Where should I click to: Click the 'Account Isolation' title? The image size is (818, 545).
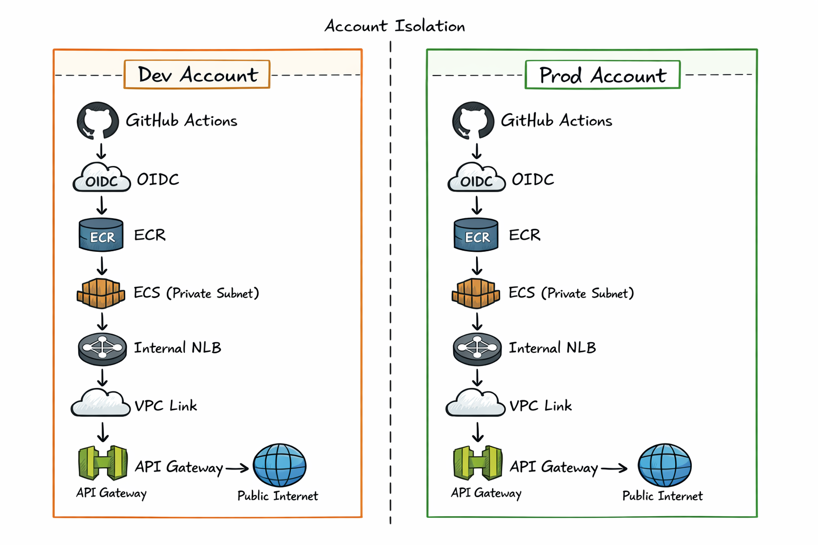(395, 26)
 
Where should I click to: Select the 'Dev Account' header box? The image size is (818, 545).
(197, 75)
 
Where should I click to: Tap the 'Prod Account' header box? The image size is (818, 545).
(602, 75)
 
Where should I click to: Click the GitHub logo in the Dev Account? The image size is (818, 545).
(97, 121)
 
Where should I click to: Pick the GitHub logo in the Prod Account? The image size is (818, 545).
(473, 121)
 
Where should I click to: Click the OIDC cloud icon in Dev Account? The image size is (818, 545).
(101, 178)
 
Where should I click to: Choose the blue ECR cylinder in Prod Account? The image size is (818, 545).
(476, 235)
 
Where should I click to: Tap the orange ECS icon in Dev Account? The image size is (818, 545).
(101, 293)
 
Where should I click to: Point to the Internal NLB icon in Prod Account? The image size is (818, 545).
(477, 349)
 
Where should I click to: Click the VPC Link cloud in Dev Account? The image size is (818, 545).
(101, 403)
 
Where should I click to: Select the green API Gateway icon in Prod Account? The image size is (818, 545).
(478, 463)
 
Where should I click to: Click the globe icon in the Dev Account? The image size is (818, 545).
(280, 465)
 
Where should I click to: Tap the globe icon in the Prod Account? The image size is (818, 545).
(664, 465)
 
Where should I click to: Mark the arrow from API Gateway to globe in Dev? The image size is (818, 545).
(237, 468)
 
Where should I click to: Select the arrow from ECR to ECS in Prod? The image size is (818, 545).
(477, 265)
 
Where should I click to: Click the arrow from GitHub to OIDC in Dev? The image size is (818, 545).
(101, 151)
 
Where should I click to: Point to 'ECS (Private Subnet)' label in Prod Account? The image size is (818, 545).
(571, 293)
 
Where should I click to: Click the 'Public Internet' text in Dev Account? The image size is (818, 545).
(277, 496)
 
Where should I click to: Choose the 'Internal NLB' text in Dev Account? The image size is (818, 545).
(177, 348)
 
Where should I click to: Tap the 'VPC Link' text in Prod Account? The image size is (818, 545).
(541, 406)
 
